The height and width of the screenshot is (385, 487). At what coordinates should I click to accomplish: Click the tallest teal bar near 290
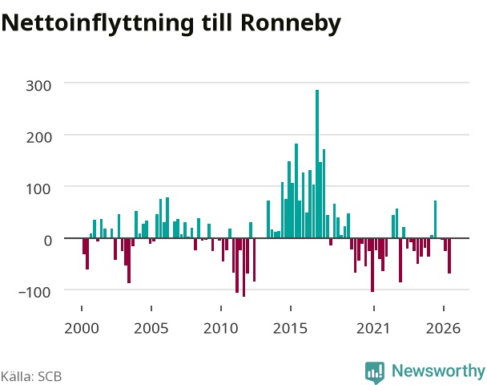point(317,164)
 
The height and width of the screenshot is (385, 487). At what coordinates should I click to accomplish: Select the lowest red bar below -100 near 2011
point(243,267)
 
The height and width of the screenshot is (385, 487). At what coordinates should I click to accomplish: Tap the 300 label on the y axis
point(38,86)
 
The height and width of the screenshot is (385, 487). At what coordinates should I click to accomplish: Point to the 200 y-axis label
point(38,137)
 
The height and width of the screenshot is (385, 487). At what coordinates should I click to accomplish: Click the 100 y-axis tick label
point(38,189)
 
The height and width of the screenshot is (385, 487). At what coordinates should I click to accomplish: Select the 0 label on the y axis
point(48,241)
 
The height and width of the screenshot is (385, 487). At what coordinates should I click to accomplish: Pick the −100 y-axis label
point(34,292)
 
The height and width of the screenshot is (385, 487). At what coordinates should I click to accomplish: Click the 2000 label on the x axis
point(82,328)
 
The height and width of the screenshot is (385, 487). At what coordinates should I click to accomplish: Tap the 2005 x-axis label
point(151,328)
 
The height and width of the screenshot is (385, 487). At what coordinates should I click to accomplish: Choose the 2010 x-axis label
point(221,328)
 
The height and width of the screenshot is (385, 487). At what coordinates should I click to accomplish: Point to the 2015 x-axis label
point(291,328)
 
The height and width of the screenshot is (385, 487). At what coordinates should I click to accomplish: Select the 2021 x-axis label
point(373,328)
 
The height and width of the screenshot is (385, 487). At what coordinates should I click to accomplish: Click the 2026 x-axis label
point(443,328)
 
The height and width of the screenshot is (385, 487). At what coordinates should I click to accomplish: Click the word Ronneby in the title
point(291,23)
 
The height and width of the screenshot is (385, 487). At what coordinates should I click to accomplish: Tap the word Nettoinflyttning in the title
point(98,23)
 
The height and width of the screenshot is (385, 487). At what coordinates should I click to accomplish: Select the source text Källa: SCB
point(31,376)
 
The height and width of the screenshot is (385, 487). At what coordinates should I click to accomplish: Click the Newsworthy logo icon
point(375,372)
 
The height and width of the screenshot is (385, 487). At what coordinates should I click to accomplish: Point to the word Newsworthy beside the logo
point(438,371)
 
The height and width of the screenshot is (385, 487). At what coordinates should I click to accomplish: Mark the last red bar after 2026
point(449,256)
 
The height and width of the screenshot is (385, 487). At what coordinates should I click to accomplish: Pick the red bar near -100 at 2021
point(372,265)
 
